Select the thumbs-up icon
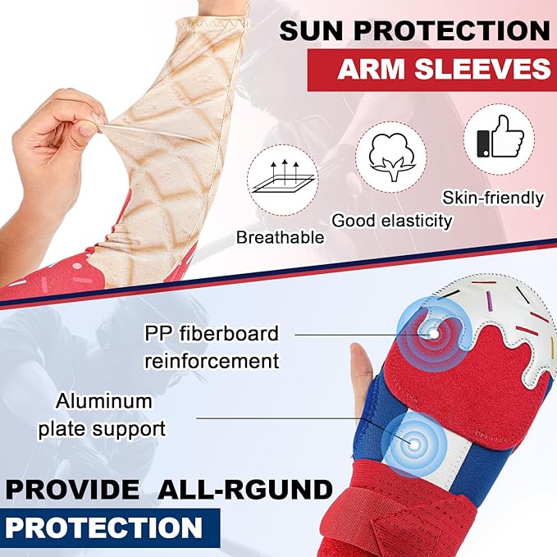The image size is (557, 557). tap(497, 141)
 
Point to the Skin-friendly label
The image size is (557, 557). tap(493, 198)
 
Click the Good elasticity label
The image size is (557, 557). tap(392, 220)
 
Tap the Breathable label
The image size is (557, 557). tap(280, 238)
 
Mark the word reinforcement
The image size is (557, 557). tap(211, 360)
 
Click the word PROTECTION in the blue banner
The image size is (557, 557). tap(104, 526)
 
